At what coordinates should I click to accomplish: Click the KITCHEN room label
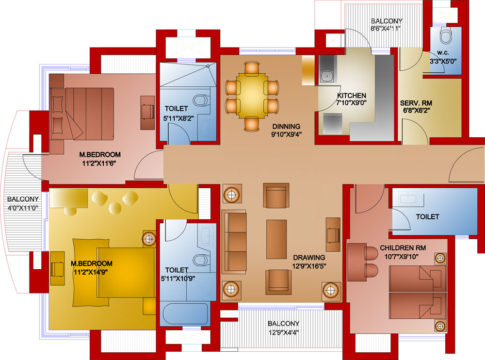[x=352, y=96]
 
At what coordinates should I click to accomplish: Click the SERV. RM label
[x=416, y=103]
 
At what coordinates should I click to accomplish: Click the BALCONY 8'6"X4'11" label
[x=387, y=21]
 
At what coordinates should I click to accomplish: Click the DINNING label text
[x=286, y=127]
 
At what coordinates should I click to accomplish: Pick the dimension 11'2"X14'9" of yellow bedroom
[x=92, y=272]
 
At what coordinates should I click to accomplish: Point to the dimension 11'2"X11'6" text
[x=100, y=164]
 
